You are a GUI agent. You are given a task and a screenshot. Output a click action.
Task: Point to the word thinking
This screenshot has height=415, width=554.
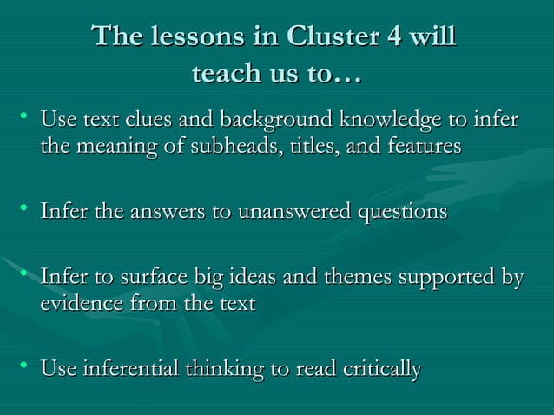(x=224, y=370)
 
